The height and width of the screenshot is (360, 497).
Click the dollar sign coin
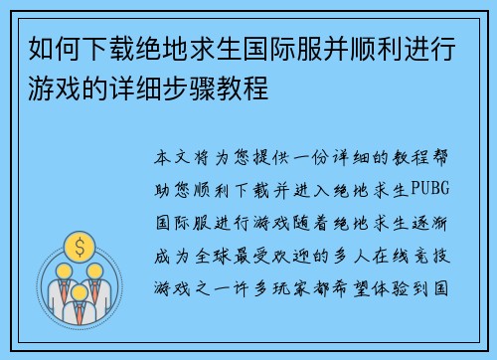click(78, 244)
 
